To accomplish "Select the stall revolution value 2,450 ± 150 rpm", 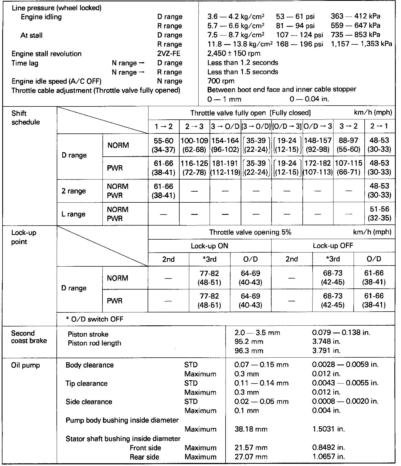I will coord(234,53).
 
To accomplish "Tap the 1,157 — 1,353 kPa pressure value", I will coord(361,44).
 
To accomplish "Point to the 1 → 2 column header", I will coord(164,127).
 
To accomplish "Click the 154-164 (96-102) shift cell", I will coord(225,145).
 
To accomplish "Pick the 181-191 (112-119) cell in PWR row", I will coord(225,168).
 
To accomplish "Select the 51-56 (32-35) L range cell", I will coord(380,214).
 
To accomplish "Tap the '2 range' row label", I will coord(74,191).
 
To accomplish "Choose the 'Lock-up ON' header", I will coord(209,246).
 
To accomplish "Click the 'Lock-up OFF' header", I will coord(333,246).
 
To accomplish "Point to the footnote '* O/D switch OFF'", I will coord(94,319).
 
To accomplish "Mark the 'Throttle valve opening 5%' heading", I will coord(250,232).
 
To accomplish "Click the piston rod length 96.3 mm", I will coord(249,351).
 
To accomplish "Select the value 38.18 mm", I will coord(251,429).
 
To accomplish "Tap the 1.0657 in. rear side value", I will coord(329,457).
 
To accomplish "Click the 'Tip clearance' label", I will coord(86,383).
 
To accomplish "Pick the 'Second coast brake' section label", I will coord(29,337).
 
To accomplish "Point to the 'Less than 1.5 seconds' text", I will coord(242,72).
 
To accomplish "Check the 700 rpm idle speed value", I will coord(221,81).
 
